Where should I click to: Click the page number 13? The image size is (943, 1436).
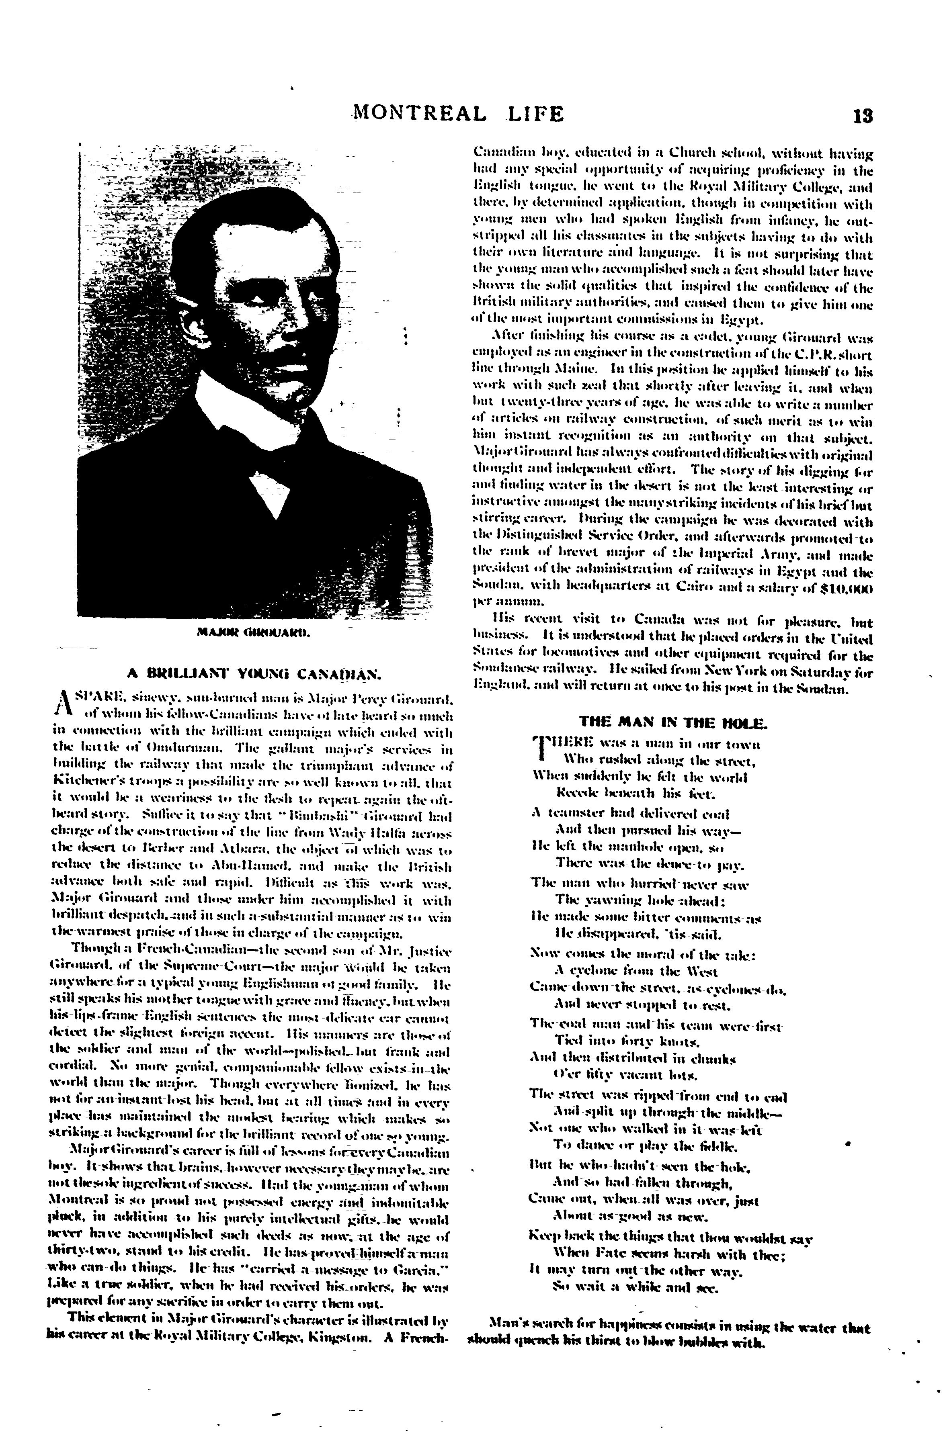coord(863,115)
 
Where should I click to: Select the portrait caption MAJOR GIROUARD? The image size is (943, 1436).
coord(253,633)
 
